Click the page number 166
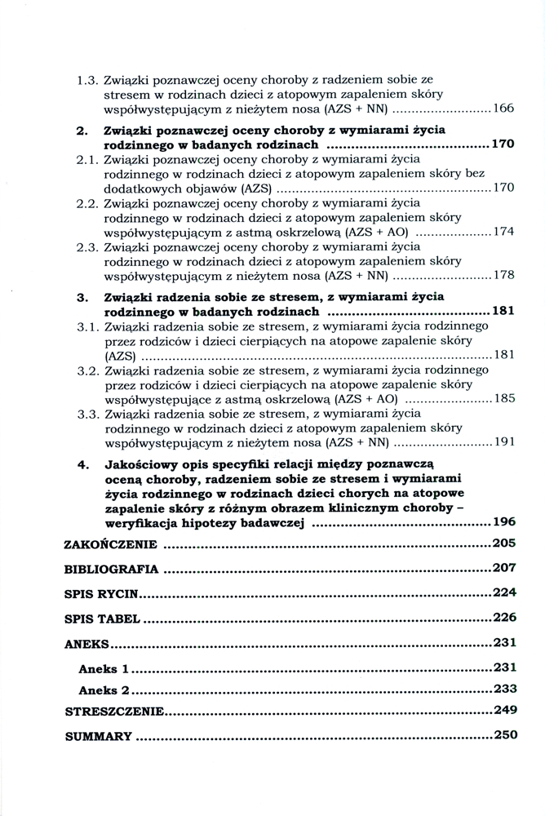(x=503, y=109)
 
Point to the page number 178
(x=503, y=275)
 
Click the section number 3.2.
(x=87, y=370)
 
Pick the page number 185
(x=503, y=399)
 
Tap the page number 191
(x=503, y=442)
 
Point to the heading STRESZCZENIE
(x=114, y=712)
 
